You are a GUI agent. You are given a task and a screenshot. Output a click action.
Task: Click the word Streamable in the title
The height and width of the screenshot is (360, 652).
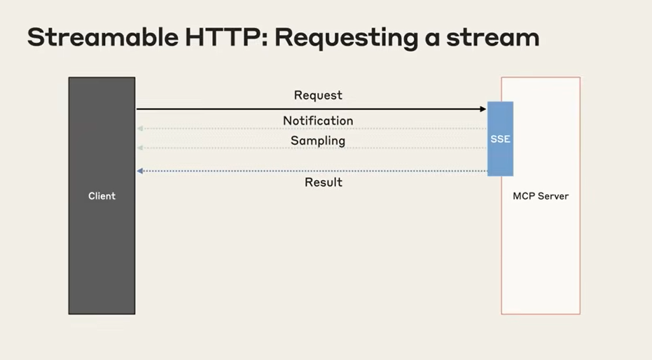point(103,37)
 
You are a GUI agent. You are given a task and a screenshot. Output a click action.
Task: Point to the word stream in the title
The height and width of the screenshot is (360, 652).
point(493,37)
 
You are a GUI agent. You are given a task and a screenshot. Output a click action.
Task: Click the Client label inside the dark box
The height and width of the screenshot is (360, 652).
point(102,196)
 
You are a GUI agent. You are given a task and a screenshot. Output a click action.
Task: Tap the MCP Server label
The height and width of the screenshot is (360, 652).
point(541,196)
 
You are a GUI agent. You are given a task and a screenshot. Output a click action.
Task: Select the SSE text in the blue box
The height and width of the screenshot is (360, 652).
point(500,139)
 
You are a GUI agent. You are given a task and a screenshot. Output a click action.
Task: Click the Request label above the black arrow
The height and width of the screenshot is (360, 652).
point(318,95)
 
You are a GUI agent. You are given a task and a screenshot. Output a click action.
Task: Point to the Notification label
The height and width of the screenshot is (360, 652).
point(318,120)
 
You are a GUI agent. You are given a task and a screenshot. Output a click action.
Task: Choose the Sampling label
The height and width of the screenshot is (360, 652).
point(318,141)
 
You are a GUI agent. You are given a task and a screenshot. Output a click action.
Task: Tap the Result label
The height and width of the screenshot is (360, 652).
point(324,182)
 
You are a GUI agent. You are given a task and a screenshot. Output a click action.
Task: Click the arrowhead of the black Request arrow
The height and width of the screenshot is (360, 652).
point(483,109)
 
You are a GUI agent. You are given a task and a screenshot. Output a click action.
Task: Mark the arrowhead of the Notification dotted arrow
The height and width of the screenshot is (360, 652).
point(140,128)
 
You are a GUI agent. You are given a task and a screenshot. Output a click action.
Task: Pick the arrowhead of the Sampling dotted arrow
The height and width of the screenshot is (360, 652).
point(140,148)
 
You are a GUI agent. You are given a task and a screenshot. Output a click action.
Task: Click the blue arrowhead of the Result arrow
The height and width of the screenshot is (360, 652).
point(140,171)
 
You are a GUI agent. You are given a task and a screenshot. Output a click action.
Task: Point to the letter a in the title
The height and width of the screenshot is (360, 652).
point(432,39)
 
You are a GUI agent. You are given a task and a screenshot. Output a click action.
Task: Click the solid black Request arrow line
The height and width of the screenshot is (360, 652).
point(312,109)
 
